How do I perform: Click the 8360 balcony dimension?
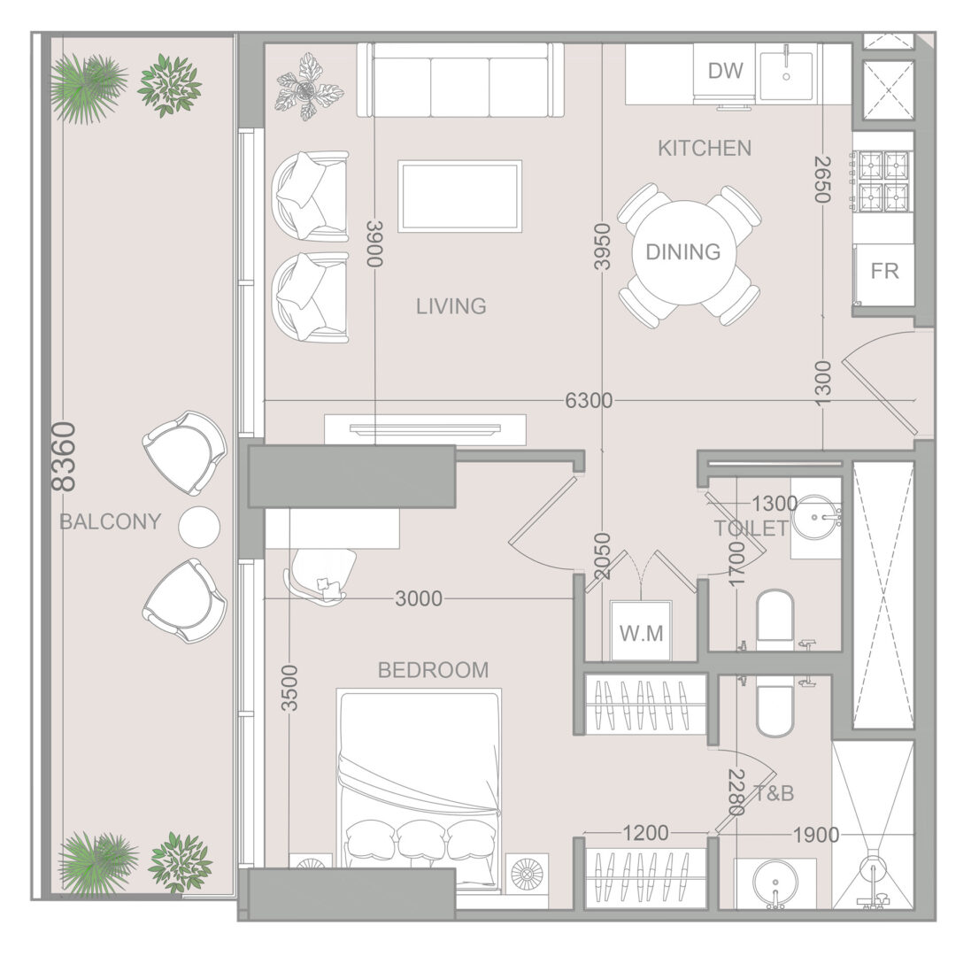click(64, 457)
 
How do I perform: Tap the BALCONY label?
click(111, 522)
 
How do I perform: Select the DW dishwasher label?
click(725, 71)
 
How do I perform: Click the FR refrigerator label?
click(884, 271)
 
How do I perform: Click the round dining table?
click(683, 252)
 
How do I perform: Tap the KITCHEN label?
click(705, 148)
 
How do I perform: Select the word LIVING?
click(451, 306)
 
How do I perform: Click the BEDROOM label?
click(433, 670)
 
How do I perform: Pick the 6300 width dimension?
click(589, 401)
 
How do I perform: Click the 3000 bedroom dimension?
click(419, 598)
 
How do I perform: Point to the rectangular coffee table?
click(459, 197)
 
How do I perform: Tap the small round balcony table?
click(199, 527)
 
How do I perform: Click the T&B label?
click(774, 793)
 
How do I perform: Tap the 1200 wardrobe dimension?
click(645, 833)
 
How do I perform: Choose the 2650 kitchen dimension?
click(821, 180)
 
